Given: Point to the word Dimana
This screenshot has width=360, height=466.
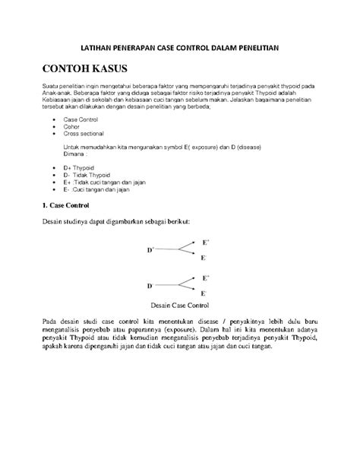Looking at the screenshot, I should (76, 154).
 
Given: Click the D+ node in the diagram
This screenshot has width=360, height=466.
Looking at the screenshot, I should (150, 249).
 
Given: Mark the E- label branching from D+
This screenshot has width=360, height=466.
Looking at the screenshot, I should (203, 258).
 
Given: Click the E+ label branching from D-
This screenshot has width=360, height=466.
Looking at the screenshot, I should (204, 278).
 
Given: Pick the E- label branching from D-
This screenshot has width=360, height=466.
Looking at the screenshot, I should (204, 293).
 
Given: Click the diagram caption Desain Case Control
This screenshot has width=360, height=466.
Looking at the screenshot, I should (180, 306).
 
